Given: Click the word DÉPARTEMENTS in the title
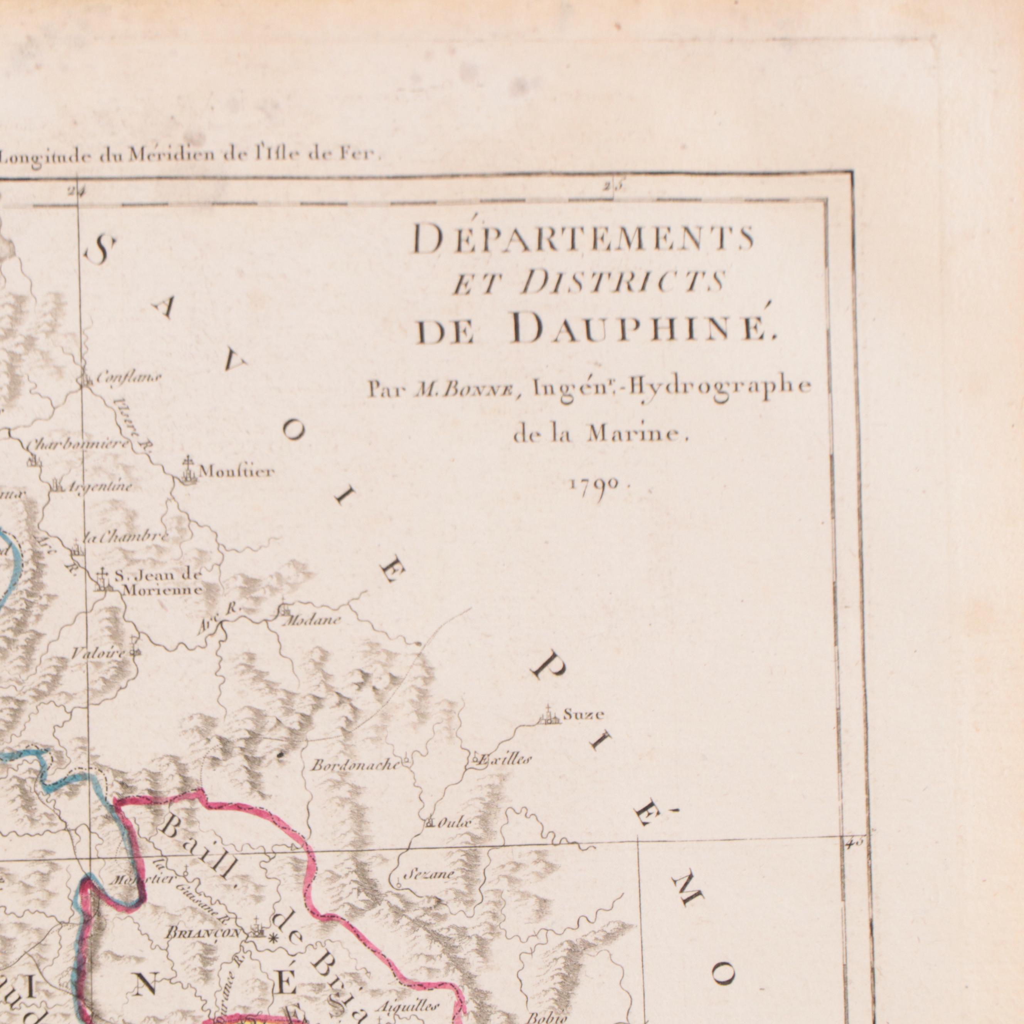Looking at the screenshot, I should (583, 239).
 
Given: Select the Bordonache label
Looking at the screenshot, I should (355, 765).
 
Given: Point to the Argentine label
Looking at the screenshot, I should (99, 486).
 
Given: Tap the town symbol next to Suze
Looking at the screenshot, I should (549, 716).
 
